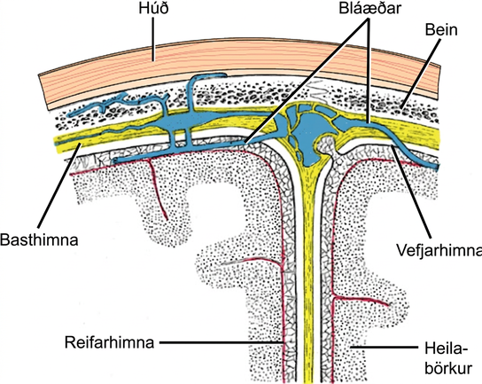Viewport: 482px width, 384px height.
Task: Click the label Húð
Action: point(153,8)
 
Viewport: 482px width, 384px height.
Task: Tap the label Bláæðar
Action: point(369,9)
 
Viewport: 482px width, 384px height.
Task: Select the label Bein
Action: point(441,30)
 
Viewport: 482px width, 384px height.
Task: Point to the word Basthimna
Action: point(39,239)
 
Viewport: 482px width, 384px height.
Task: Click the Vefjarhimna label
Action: point(439,250)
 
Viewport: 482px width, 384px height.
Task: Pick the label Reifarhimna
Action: point(109,342)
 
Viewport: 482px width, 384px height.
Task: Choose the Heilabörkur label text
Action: point(448,359)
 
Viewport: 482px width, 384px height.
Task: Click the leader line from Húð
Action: point(153,38)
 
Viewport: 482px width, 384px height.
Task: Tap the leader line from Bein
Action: point(420,73)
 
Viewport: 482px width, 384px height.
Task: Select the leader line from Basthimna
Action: point(60,185)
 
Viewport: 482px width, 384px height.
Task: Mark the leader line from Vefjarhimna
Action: point(412,192)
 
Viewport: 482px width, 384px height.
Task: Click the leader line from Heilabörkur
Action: point(385,347)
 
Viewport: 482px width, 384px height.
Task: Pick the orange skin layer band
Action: point(240,61)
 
